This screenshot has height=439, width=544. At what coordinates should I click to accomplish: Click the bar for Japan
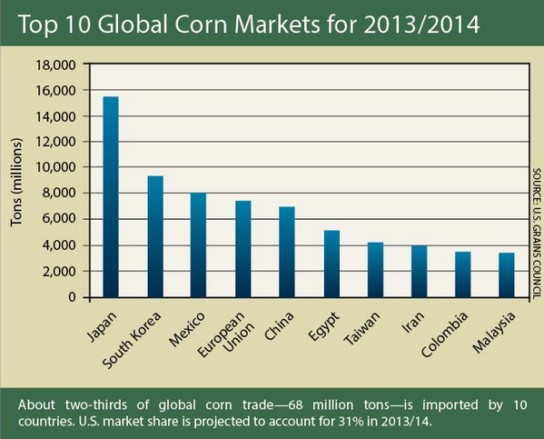click(111, 197)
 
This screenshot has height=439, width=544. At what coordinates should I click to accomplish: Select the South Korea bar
click(155, 236)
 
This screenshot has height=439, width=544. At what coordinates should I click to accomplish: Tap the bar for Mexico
click(198, 245)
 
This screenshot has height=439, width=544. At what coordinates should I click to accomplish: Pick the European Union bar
click(243, 249)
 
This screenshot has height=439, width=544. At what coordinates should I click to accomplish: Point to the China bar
click(287, 252)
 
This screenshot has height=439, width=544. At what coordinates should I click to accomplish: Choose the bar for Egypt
click(332, 264)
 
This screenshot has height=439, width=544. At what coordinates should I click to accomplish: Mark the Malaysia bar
click(507, 275)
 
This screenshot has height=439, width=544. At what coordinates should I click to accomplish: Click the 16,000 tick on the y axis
click(55, 91)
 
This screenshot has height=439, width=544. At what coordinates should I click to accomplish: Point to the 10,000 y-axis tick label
click(55, 167)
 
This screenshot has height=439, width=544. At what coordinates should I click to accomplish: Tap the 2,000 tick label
click(59, 271)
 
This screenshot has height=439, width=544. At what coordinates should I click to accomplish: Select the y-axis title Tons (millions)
click(16, 183)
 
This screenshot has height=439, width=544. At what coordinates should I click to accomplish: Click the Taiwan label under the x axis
click(361, 328)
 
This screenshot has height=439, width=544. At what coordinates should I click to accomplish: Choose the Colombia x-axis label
click(445, 334)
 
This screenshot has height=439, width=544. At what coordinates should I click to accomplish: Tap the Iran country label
click(413, 322)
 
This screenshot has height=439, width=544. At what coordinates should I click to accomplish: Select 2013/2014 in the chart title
click(421, 25)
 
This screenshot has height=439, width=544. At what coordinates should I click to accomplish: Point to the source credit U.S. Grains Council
click(537, 251)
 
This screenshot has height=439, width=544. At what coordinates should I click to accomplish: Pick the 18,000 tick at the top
click(55, 65)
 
